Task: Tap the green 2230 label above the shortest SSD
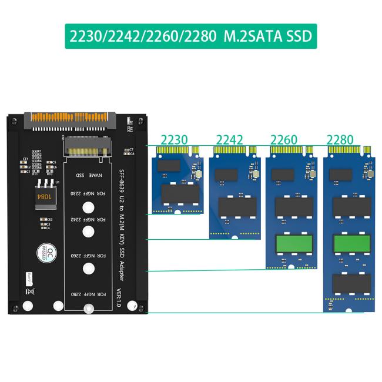[x=174, y=140]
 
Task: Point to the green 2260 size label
[x=283, y=140]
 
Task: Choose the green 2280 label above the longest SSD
[x=340, y=140]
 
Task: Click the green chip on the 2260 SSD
[x=294, y=242]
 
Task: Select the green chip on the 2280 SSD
[x=351, y=242]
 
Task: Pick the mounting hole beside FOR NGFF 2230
[x=88, y=207]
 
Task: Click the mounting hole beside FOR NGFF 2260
[x=88, y=269]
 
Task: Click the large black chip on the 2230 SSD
[x=180, y=194]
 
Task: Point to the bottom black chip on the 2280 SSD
[x=351, y=283]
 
